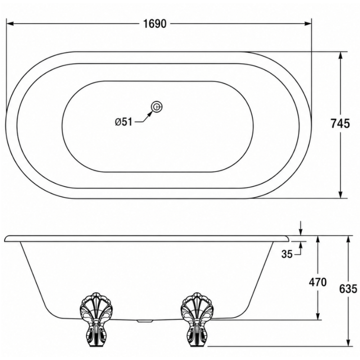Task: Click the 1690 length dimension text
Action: (155, 24)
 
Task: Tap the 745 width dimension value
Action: (340, 123)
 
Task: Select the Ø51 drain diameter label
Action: (124, 122)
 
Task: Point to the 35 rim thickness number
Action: (287, 254)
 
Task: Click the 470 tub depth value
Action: (318, 282)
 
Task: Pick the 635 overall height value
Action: (348, 289)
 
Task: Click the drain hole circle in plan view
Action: (157, 107)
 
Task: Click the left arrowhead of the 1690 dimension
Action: (10, 24)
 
